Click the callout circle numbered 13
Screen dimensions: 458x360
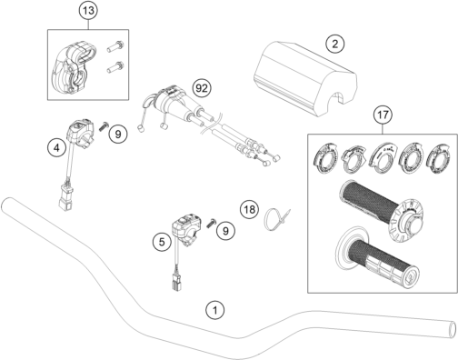pyautogui.click(x=88, y=11)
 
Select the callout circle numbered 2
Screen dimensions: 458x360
pyautogui.click(x=334, y=44)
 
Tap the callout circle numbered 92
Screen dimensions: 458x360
pyautogui.click(x=202, y=88)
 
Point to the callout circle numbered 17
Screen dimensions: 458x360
pyautogui.click(x=383, y=115)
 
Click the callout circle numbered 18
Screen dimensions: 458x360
pyautogui.click(x=250, y=209)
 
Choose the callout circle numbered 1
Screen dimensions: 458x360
pyautogui.click(x=215, y=310)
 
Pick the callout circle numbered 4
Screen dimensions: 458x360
pyautogui.click(x=56, y=148)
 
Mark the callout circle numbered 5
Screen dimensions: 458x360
pyautogui.click(x=162, y=242)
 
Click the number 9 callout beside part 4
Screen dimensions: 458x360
pyautogui.click(x=118, y=134)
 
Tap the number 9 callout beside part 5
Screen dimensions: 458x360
pyautogui.click(x=225, y=231)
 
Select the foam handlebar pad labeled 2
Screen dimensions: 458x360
pyautogui.click(x=305, y=79)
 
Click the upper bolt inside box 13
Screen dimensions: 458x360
pyautogui.click(x=115, y=46)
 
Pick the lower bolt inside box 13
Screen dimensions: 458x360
pyautogui.click(x=115, y=67)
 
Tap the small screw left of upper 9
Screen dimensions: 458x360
pyautogui.click(x=104, y=125)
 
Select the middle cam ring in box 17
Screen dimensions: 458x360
pyautogui.click(x=383, y=156)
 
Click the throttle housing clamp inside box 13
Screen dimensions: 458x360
pyautogui.click(x=74, y=69)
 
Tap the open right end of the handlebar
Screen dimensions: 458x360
pyautogui.click(x=452, y=329)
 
